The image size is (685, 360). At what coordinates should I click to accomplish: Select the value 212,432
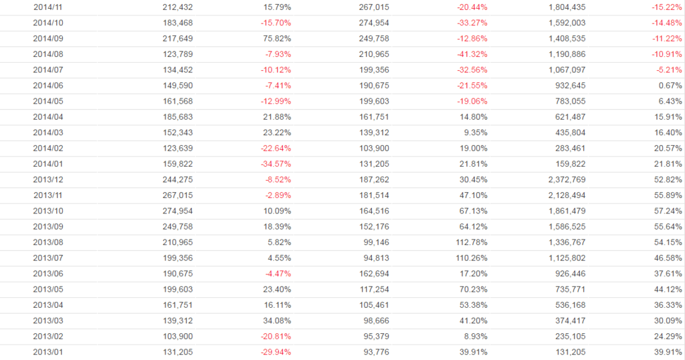(x=177, y=7)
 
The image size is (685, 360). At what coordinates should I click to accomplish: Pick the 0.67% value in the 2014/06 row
(x=670, y=86)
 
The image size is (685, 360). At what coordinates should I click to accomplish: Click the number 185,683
(x=177, y=117)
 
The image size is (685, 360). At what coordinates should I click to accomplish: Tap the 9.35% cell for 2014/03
(x=475, y=132)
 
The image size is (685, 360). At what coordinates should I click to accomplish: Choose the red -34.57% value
(x=276, y=164)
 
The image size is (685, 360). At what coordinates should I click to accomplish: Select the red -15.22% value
(x=667, y=7)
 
